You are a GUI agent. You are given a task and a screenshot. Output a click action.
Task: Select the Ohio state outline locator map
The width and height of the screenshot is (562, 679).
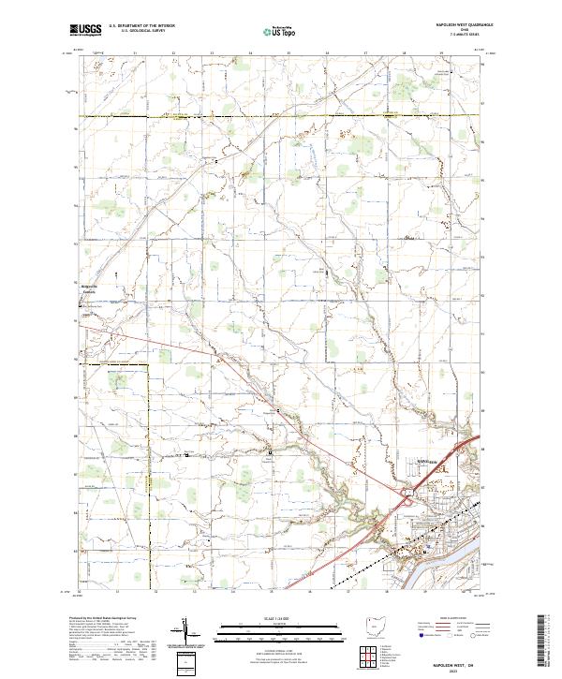coord(374,625)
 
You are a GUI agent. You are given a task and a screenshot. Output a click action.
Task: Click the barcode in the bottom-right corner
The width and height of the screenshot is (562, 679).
coord(546,645)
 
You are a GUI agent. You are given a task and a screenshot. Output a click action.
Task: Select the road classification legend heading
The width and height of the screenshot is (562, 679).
coord(451,619)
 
